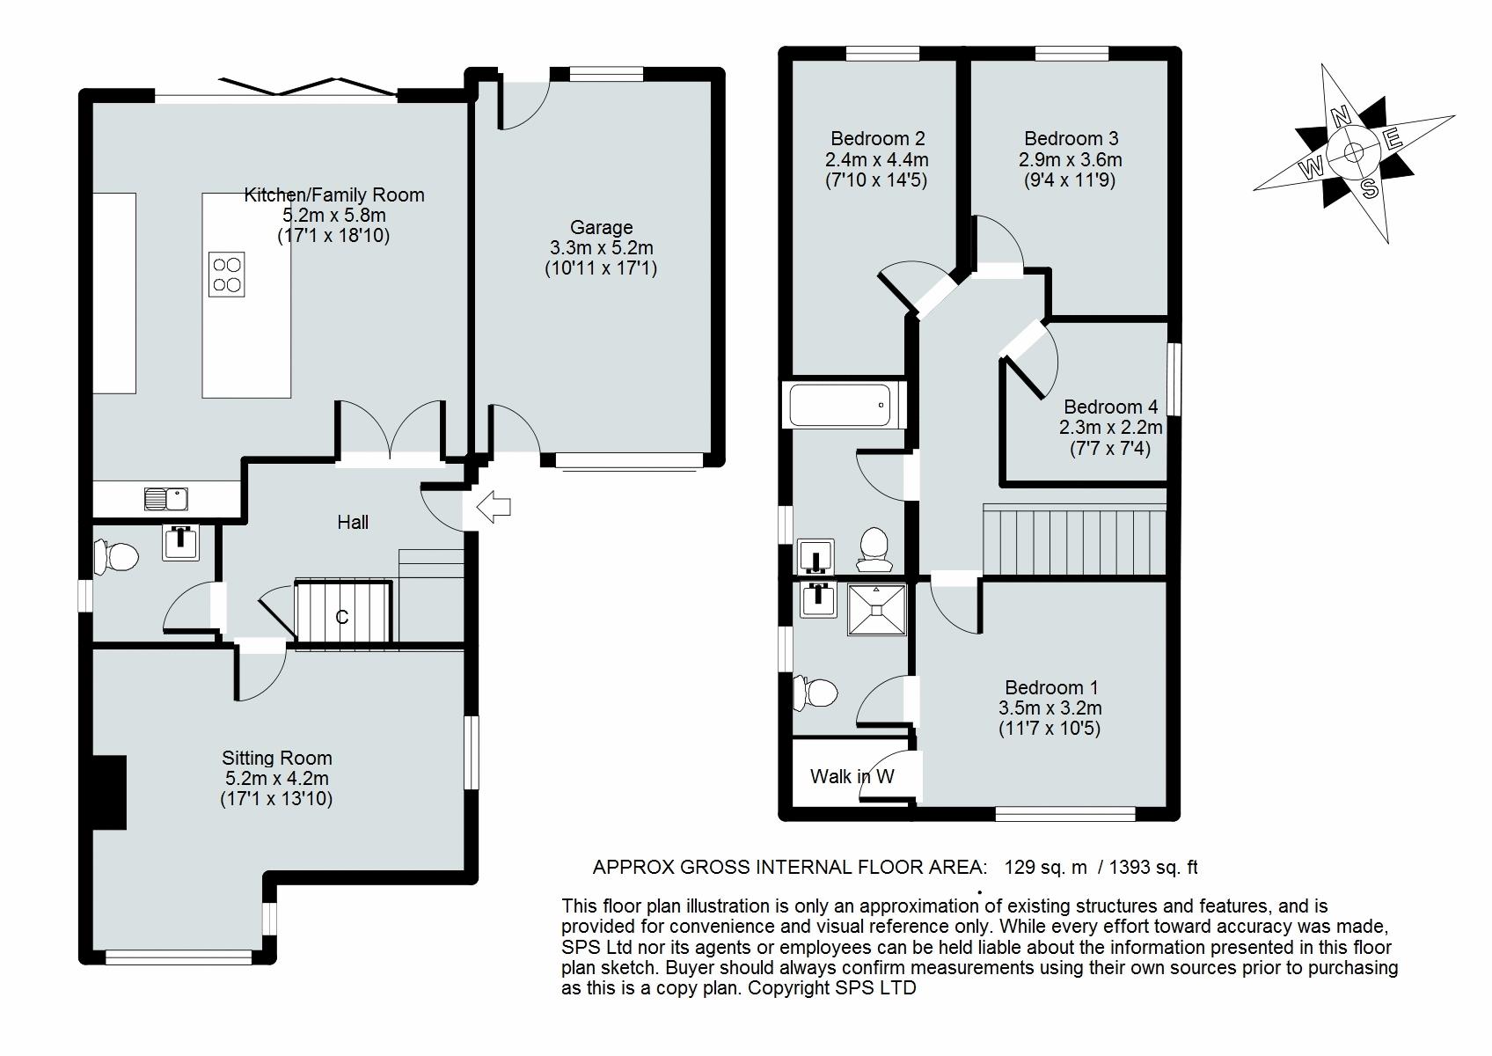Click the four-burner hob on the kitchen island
coord(226,274)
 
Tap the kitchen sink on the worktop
coord(166,499)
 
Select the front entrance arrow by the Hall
coord(494,507)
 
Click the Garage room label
coord(602,227)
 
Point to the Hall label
coord(353,523)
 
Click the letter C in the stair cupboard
coord(341,617)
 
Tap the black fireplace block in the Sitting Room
coord(109,792)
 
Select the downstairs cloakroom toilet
coord(116,556)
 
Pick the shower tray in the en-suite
coord(876,610)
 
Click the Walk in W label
coord(852,776)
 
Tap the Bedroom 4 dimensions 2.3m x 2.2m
coord(1111,427)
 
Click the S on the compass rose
coord(1370,189)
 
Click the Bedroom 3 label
coord(1071,138)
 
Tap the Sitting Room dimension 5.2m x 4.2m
coord(277,778)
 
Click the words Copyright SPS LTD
coord(832,987)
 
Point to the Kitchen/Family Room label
coord(334,194)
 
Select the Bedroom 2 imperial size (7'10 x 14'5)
coord(876,180)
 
